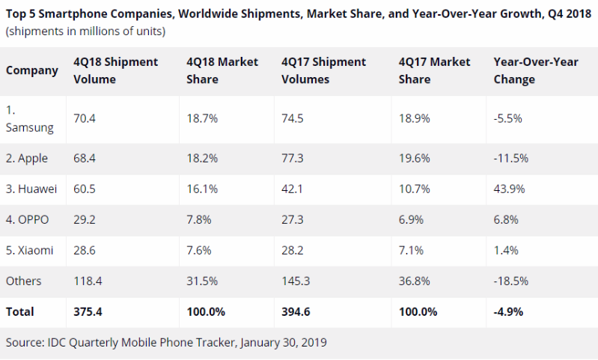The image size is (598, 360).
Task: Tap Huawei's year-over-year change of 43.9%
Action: pyautogui.click(x=507, y=189)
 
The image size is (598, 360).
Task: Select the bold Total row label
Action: pyautogui.click(x=20, y=311)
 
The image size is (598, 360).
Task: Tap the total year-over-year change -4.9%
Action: pyautogui.click(x=509, y=311)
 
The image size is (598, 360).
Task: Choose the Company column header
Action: pyautogui.click(x=32, y=70)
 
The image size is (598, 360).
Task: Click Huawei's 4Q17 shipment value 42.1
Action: pyautogui.click(x=293, y=189)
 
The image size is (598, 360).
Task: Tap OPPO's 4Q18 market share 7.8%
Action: pyautogui.click(x=198, y=220)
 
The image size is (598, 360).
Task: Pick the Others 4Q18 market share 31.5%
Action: pyautogui.click(x=201, y=281)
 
